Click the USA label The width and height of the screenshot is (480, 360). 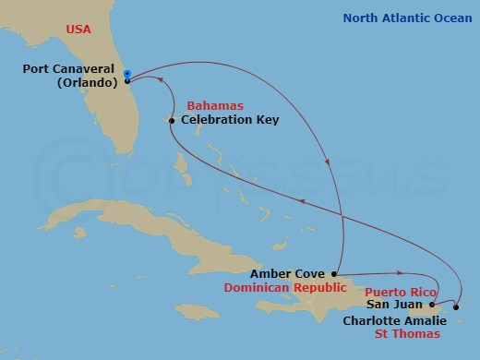[x=78, y=30]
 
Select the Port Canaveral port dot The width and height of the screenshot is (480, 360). [x=127, y=81]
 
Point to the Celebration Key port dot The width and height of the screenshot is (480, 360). [x=172, y=120]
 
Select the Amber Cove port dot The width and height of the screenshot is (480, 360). [x=333, y=274]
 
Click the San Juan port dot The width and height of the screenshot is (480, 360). [x=430, y=304]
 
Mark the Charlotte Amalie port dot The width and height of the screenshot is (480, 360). [x=456, y=306]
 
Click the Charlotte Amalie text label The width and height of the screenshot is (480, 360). [x=394, y=320]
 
